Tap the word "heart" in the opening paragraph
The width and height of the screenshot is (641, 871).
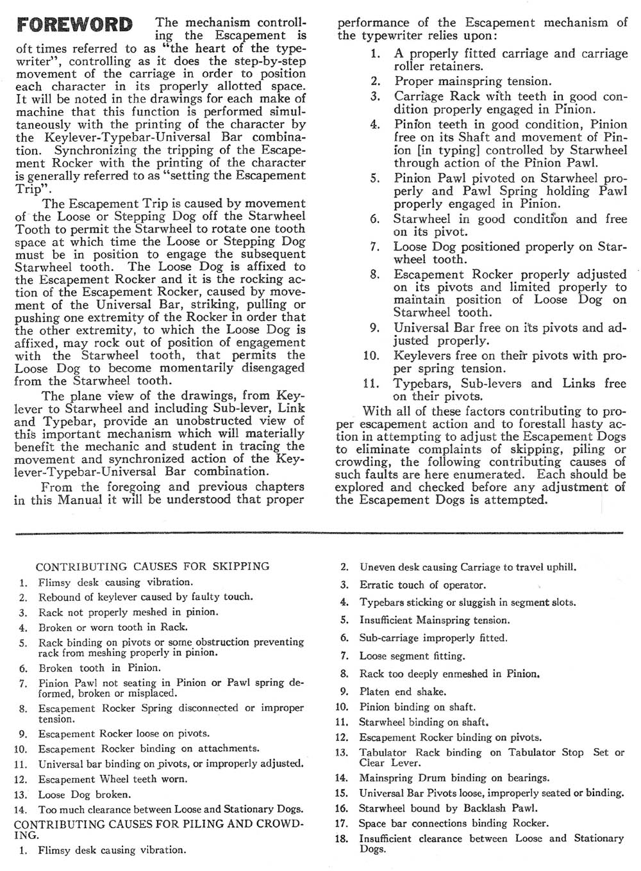pyautogui.click(x=199, y=48)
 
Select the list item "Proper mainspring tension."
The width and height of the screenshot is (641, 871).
pyautogui.click(x=472, y=81)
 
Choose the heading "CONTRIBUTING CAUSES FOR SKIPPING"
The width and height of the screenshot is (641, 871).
pyautogui.click(x=153, y=567)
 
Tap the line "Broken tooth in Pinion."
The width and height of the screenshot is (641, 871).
pyautogui.click(x=99, y=668)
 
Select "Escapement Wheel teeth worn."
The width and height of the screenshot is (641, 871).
pyautogui.click(x=113, y=779)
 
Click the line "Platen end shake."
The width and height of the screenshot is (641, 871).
pyautogui.click(x=403, y=692)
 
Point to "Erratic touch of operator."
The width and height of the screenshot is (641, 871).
pyautogui.click(x=422, y=585)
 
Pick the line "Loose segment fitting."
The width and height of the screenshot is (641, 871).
pyautogui.click(x=412, y=656)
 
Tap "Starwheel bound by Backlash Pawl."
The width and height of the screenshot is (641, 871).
pyautogui.click(x=448, y=808)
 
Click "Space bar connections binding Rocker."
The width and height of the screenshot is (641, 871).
pyautogui.click(x=454, y=823)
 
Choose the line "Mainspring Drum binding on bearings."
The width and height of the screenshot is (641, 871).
pyautogui.click(x=454, y=778)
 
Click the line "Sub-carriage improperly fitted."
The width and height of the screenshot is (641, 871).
pyautogui.click(x=433, y=638)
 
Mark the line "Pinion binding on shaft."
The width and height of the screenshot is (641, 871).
pyautogui.click(x=417, y=707)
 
